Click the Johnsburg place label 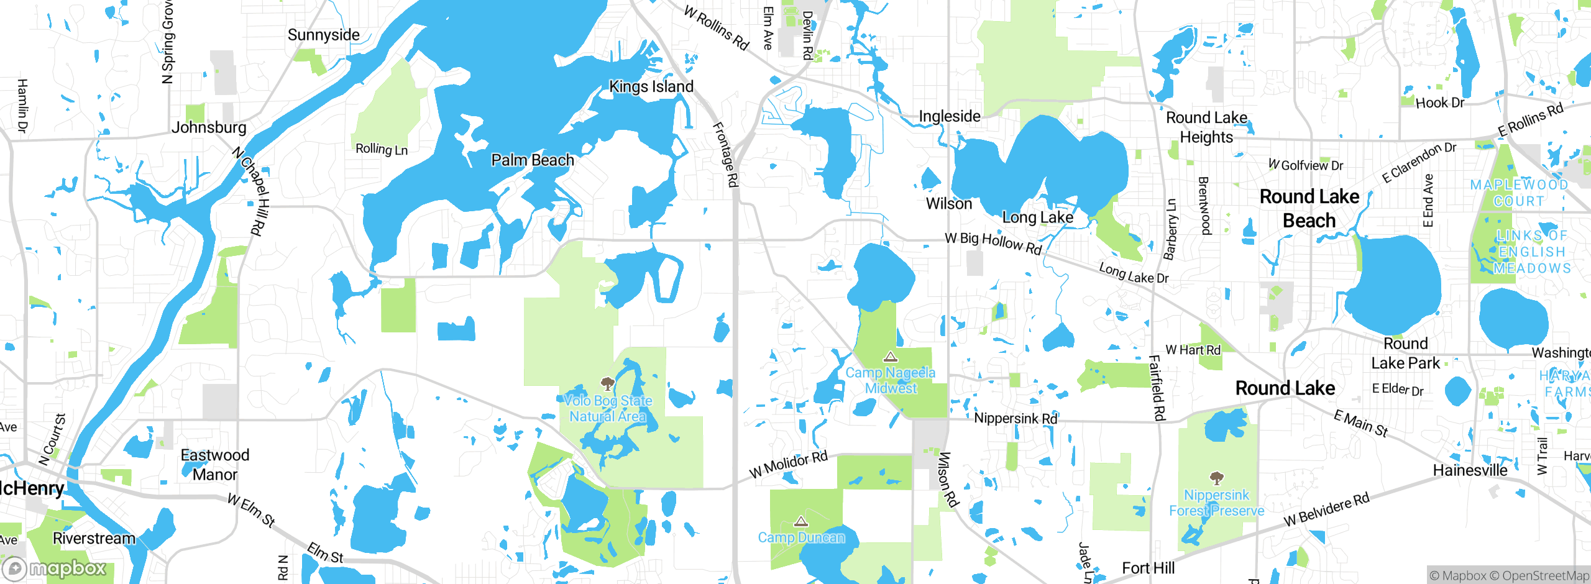[x=209, y=127]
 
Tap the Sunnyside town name [x=323, y=35]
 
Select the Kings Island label [x=651, y=86]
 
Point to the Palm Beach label [x=533, y=160]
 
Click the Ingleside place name [x=950, y=116]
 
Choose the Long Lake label [x=1037, y=217]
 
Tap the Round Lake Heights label [x=1206, y=127]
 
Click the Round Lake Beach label [x=1309, y=208]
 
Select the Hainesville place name [x=1470, y=470]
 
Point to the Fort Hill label [x=1148, y=568]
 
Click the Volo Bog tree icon [x=608, y=383]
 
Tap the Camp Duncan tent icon [x=801, y=521]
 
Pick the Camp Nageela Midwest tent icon [x=891, y=357]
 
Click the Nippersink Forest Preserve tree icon [x=1216, y=478]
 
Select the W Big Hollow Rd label [x=993, y=243]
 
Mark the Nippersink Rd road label [x=1016, y=418]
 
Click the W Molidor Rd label [x=788, y=465]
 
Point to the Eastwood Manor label [x=214, y=465]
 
